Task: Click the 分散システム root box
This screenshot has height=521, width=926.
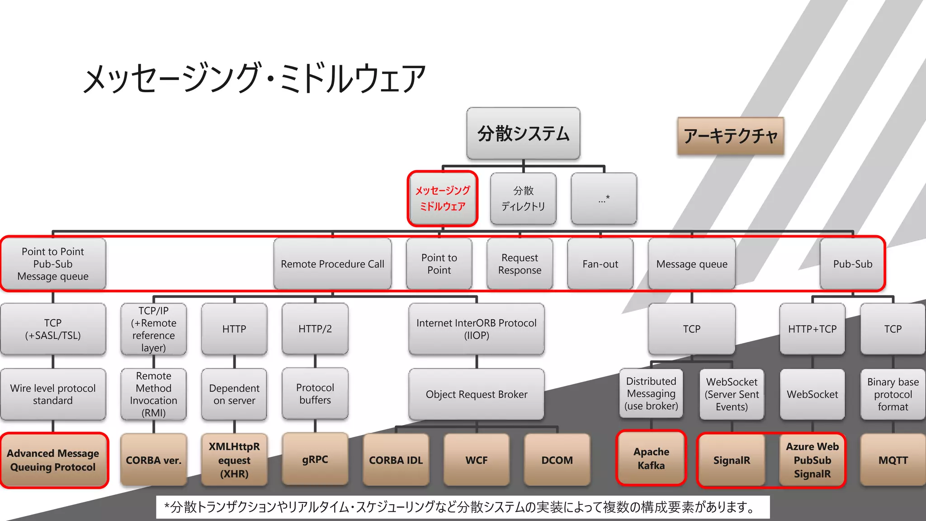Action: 523,133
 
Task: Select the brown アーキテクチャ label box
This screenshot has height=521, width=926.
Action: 730,136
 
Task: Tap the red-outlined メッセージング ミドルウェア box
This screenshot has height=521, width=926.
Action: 443,199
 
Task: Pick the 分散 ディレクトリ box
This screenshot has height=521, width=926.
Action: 523,199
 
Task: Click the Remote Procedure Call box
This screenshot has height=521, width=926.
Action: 332,264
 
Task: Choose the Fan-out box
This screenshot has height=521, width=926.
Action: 600,264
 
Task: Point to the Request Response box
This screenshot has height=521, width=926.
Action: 520,264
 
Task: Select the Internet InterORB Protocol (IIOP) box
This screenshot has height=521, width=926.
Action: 476,329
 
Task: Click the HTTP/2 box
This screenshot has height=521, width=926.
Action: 315,329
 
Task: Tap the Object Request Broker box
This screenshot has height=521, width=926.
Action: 476,394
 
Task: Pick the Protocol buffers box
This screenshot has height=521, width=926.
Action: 315,394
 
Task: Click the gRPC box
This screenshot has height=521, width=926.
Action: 315,459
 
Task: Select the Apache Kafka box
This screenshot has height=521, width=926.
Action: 651,458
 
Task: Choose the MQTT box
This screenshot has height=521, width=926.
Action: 893,460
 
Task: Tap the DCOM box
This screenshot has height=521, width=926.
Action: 557,460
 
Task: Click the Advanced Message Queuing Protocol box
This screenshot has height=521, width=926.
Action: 53,460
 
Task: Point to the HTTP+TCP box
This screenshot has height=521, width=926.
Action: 812,329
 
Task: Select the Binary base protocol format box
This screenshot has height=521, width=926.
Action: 893,394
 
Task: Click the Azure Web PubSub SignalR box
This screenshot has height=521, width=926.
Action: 812,460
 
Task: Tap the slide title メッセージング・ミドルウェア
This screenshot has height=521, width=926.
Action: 254,78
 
